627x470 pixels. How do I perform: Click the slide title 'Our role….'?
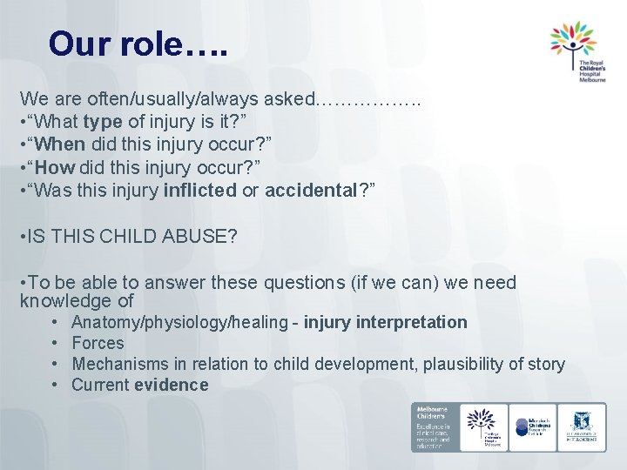tap(138, 44)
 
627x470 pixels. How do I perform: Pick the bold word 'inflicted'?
tap(199, 188)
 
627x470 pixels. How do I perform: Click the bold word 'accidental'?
tap(311, 188)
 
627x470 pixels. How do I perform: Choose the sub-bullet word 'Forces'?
tap(98, 344)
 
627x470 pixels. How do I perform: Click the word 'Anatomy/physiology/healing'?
tap(179, 323)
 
